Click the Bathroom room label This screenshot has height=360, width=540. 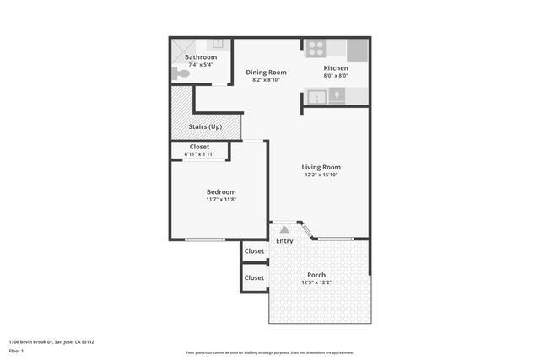coord(201,57)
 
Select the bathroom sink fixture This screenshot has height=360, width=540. coord(217,44)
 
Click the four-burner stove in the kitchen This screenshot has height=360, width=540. coord(316,48)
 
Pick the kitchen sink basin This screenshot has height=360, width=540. coord(317,96)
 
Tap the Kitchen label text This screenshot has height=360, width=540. coord(336,67)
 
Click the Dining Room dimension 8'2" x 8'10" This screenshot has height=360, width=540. coord(266,81)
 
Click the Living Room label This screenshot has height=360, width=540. coord(321,167)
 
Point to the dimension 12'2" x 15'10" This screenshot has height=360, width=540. coord(321,175)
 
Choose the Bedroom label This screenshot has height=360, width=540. coord(221,191)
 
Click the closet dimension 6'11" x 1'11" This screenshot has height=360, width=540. coord(199,154)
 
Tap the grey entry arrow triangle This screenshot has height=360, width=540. coord(284,228)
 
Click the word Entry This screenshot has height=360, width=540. coord(284,241)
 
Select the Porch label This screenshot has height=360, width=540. coord(316,275)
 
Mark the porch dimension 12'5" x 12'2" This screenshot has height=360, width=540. coord(316,283)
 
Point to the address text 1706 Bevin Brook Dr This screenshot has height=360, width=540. coord(38,341)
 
